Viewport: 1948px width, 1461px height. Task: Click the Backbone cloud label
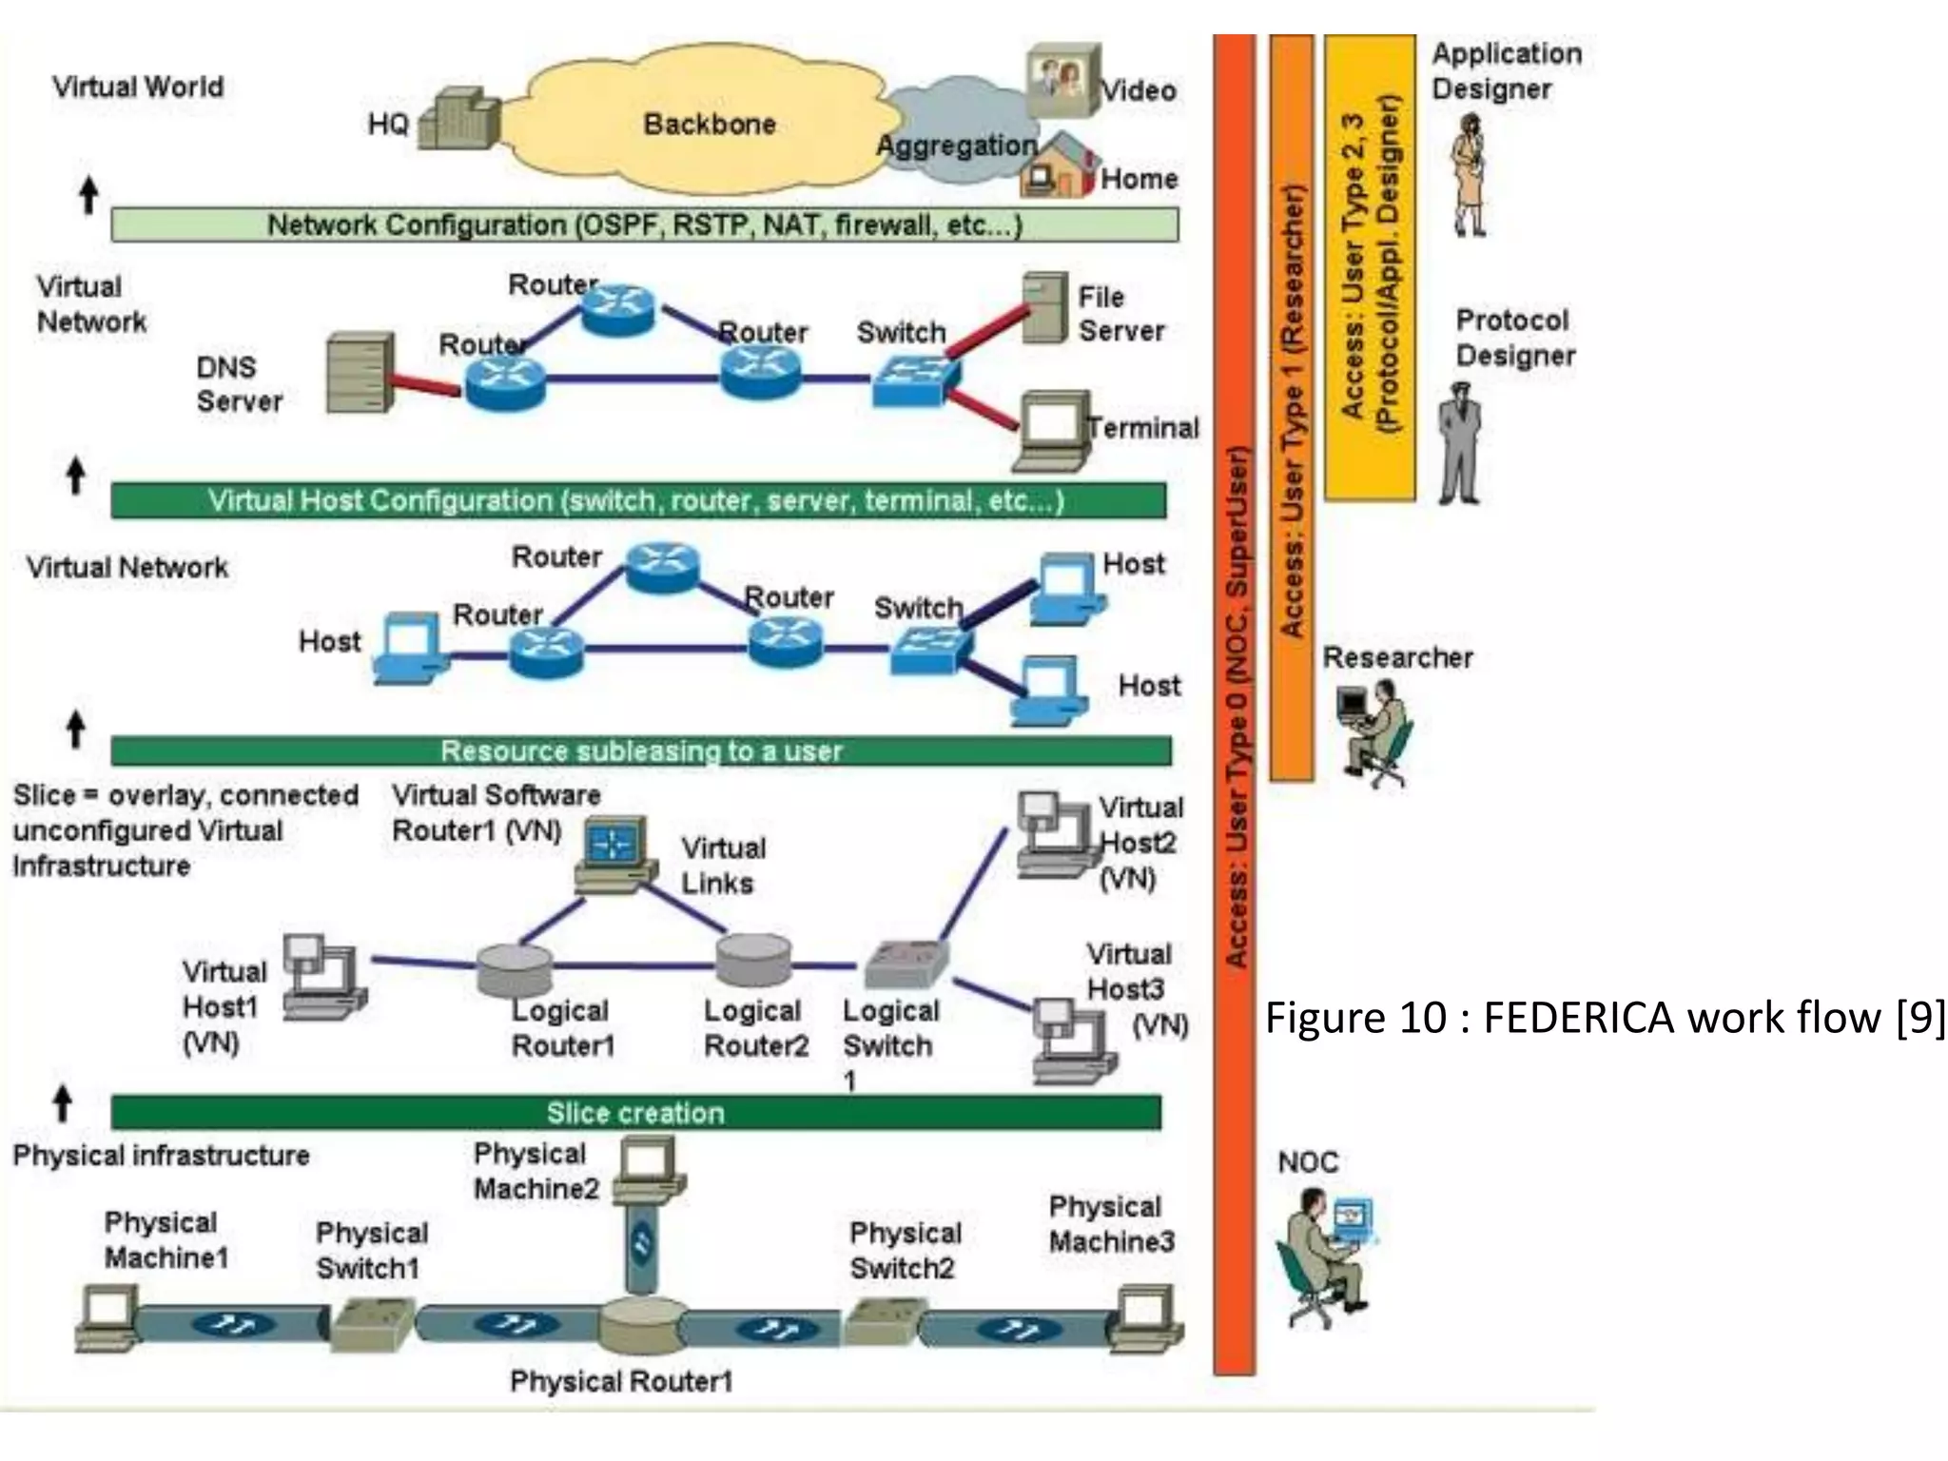coord(710,124)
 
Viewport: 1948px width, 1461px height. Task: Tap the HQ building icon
coord(458,121)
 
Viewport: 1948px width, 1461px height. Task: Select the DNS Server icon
coord(359,373)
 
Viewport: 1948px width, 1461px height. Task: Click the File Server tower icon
coord(1044,307)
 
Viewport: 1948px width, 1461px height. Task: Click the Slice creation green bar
coord(635,1113)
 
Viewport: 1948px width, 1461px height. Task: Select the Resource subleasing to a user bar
coord(641,751)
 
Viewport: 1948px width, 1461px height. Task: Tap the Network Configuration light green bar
coord(644,225)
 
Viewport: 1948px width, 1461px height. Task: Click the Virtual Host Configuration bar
coord(637,500)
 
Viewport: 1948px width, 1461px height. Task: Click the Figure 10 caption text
coord(1604,1018)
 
